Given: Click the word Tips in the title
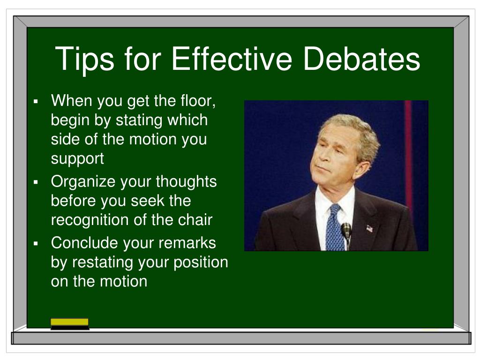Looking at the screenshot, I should [83, 59].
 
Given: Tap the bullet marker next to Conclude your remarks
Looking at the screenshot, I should [36, 243].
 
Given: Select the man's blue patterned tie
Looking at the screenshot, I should [334, 227].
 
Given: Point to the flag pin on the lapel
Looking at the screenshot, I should [369, 229].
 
